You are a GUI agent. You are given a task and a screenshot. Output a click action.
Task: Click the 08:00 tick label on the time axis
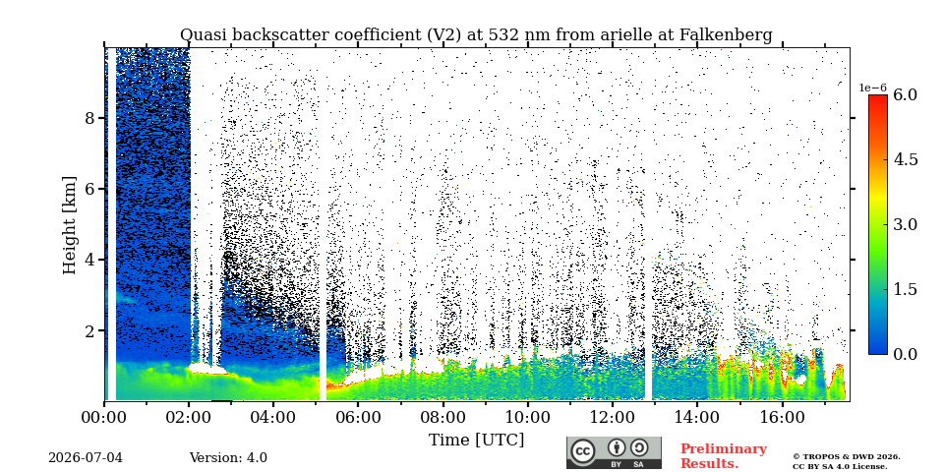tap(442, 417)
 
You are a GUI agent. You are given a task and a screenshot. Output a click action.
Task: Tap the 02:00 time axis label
tap(189, 417)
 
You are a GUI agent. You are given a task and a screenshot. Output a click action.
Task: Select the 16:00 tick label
tap(782, 417)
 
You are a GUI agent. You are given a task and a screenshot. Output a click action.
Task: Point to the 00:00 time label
tap(104, 417)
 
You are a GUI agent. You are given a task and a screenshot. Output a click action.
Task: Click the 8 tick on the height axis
tap(89, 118)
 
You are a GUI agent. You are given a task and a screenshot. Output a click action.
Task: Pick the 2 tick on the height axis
tap(89, 330)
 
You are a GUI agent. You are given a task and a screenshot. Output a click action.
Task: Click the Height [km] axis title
tap(70, 224)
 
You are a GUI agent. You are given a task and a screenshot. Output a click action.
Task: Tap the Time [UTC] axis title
tap(476, 441)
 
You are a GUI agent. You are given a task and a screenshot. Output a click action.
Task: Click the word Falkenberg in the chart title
tap(726, 35)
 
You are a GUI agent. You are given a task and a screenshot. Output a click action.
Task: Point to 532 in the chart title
tap(503, 35)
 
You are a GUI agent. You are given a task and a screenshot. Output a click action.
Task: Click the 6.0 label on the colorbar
tap(905, 94)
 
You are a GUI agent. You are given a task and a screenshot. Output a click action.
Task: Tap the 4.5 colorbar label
tap(905, 159)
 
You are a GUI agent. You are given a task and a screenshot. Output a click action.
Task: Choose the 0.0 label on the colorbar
tap(905, 354)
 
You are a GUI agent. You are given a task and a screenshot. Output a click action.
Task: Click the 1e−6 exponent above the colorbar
tap(872, 88)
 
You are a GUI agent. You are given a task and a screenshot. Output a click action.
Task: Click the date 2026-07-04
tap(86, 458)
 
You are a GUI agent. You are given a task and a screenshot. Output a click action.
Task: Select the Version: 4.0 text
tap(228, 458)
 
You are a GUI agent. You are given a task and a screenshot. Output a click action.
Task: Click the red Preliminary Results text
tap(724, 456)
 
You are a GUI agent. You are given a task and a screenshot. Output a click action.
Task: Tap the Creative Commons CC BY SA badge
tap(614, 452)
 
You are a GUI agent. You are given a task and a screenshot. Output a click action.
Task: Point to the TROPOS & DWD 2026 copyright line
tap(847, 457)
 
